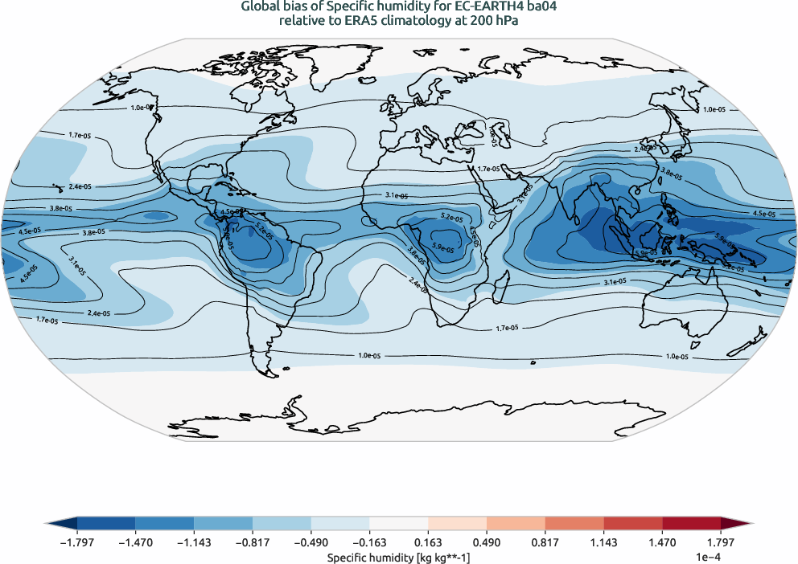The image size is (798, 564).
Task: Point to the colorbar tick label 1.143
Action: click(603, 543)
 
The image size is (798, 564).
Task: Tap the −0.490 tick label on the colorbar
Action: click(311, 543)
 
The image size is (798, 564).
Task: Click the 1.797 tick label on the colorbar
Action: click(721, 543)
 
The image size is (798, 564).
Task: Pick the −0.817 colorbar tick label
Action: click(252, 543)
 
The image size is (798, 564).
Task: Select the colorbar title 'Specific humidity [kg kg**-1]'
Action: click(398, 556)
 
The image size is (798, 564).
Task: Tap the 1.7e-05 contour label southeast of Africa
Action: click(506, 328)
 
